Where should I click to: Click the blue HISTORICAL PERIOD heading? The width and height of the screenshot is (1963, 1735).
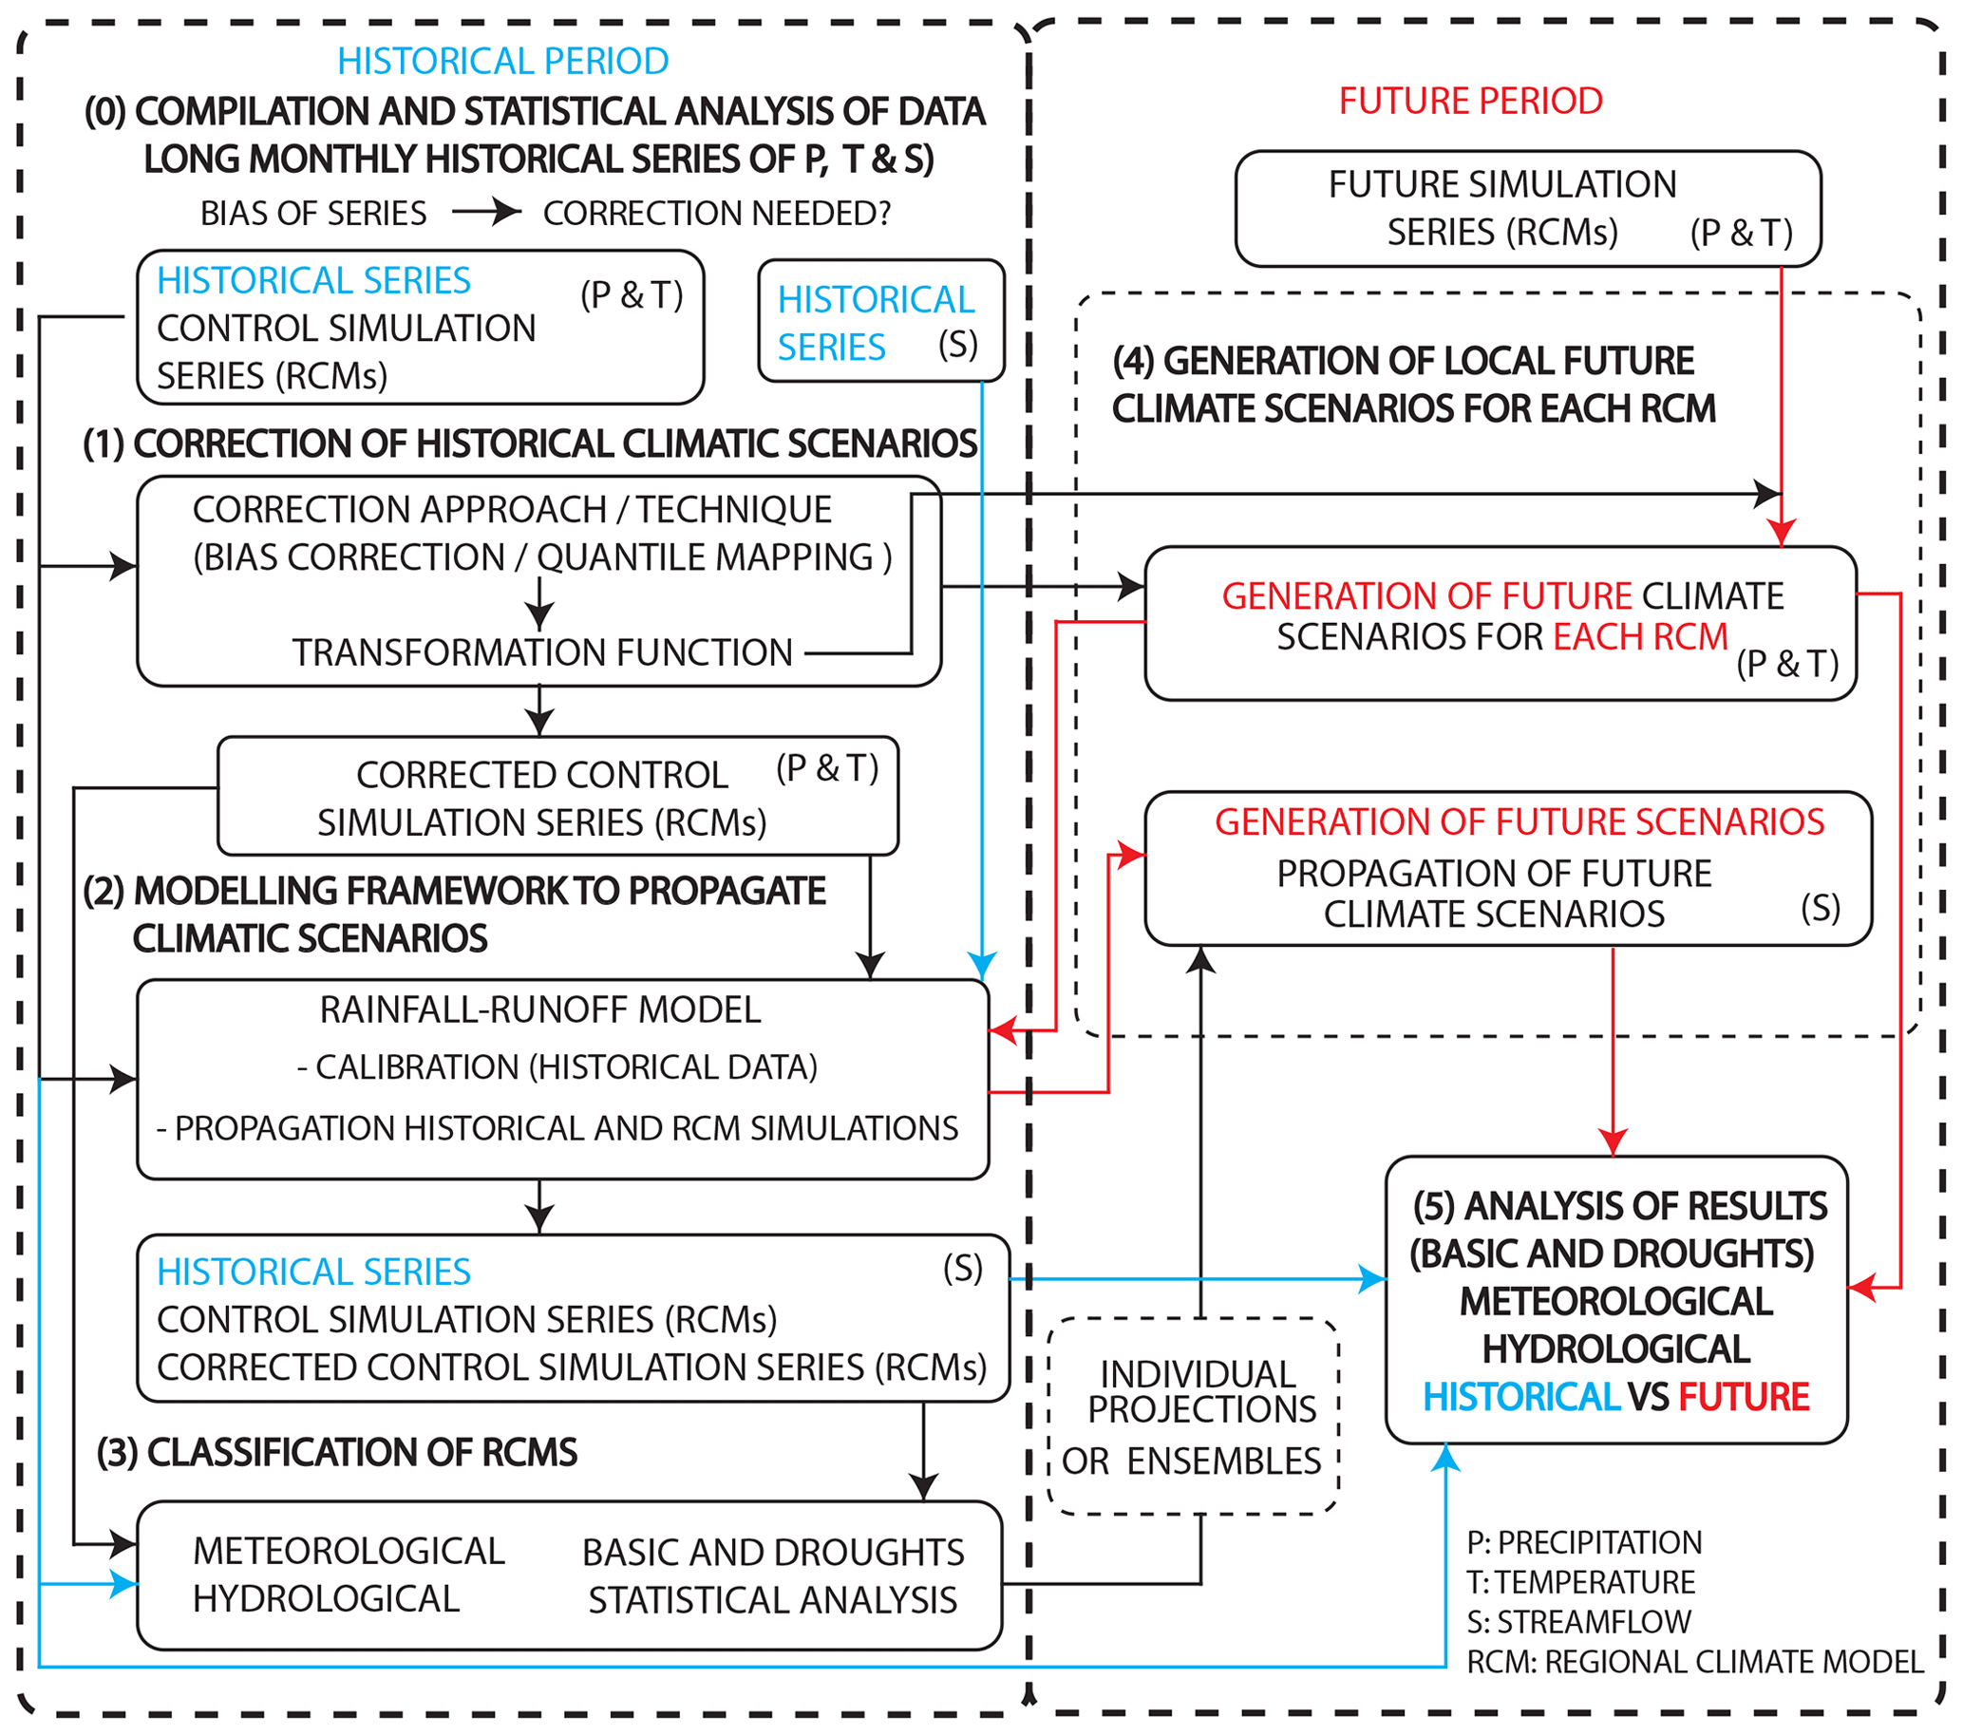[x=502, y=62]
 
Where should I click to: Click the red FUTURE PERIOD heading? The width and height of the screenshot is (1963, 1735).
[x=1470, y=101]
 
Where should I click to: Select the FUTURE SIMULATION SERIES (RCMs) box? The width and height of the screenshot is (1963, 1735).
[x=1527, y=208]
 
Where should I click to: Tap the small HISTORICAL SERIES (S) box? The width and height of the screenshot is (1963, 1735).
[x=879, y=322]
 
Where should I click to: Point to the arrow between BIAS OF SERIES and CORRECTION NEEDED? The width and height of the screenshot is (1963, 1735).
[x=486, y=211]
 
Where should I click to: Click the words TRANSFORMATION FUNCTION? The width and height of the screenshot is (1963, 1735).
[x=542, y=653]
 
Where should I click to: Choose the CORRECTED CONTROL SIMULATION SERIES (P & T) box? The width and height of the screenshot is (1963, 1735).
[x=557, y=796]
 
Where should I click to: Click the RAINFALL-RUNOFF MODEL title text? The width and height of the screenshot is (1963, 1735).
[x=539, y=1010]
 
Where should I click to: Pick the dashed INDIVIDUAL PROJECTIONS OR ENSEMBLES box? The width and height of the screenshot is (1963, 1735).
[x=1193, y=1416]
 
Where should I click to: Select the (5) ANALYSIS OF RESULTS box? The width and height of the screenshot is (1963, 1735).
[x=1616, y=1299]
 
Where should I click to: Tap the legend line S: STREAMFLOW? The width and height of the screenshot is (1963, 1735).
[x=1577, y=1622]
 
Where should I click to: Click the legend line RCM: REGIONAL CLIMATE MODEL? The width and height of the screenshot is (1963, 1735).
[x=1694, y=1661]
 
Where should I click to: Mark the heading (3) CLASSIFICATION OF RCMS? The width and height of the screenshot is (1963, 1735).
[x=337, y=1452]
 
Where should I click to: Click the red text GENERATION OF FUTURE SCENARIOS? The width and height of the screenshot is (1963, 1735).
[x=1519, y=821]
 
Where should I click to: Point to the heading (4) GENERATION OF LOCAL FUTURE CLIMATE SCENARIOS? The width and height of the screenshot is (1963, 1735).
[x=1412, y=385]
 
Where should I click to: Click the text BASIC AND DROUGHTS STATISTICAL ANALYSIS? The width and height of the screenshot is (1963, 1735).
[x=773, y=1575]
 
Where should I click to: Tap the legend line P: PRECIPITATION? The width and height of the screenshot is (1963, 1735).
[x=1584, y=1542]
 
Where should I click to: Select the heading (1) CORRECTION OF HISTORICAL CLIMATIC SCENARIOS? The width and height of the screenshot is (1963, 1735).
[x=530, y=443]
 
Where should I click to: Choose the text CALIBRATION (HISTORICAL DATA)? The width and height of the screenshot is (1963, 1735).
[x=557, y=1066]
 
